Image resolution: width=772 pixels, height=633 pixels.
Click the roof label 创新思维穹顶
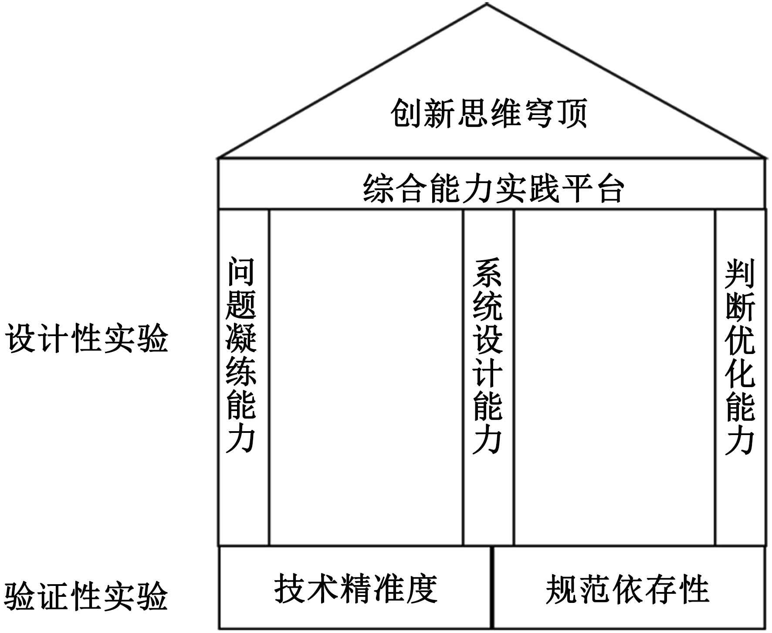tap(489, 113)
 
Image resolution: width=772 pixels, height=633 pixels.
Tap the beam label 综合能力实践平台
tap(493, 189)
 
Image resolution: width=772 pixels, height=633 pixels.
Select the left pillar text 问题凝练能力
tap(241, 355)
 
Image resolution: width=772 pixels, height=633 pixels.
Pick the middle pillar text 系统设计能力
tap(488, 356)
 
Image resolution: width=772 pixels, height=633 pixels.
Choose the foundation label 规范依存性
tap(627, 589)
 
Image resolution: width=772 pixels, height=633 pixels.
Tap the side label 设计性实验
tap(87, 338)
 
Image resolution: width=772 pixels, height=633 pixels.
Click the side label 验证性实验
tap(87, 596)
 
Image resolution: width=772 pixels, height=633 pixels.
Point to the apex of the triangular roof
tap(487, 4)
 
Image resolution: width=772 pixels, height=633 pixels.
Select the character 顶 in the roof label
tap(572, 113)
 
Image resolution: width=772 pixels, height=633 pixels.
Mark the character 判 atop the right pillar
tap(740, 274)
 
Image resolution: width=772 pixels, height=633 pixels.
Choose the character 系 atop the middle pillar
tap(488, 273)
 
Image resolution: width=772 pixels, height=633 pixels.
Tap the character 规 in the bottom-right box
tap(561, 589)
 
